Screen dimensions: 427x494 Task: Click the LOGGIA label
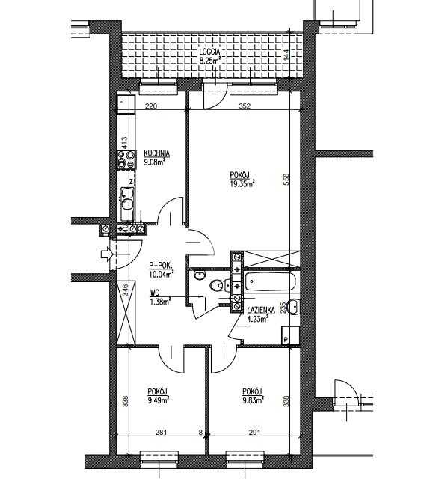[x=209, y=52]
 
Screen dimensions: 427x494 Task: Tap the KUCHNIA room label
[x=157, y=153]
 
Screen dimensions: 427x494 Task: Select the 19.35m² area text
[x=242, y=183]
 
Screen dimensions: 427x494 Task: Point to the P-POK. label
[x=161, y=266]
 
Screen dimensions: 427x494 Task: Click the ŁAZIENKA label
[x=261, y=310]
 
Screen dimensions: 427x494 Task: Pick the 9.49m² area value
[x=159, y=400]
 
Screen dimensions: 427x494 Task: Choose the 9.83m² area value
[x=253, y=400]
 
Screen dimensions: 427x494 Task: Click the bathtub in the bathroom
[x=270, y=281]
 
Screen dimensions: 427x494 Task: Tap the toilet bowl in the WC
[x=217, y=286]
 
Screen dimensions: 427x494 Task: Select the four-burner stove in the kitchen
[x=126, y=159]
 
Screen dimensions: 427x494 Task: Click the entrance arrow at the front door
[x=107, y=254]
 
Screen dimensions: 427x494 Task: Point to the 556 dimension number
[x=286, y=179]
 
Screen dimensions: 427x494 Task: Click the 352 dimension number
[x=245, y=106]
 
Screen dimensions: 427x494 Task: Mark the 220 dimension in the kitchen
[x=151, y=106]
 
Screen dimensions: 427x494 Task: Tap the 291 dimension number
[x=254, y=433]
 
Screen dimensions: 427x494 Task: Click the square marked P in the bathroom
[x=290, y=335]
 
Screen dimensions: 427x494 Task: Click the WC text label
[x=155, y=293]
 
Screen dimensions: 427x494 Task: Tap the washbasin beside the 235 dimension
[x=294, y=306]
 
